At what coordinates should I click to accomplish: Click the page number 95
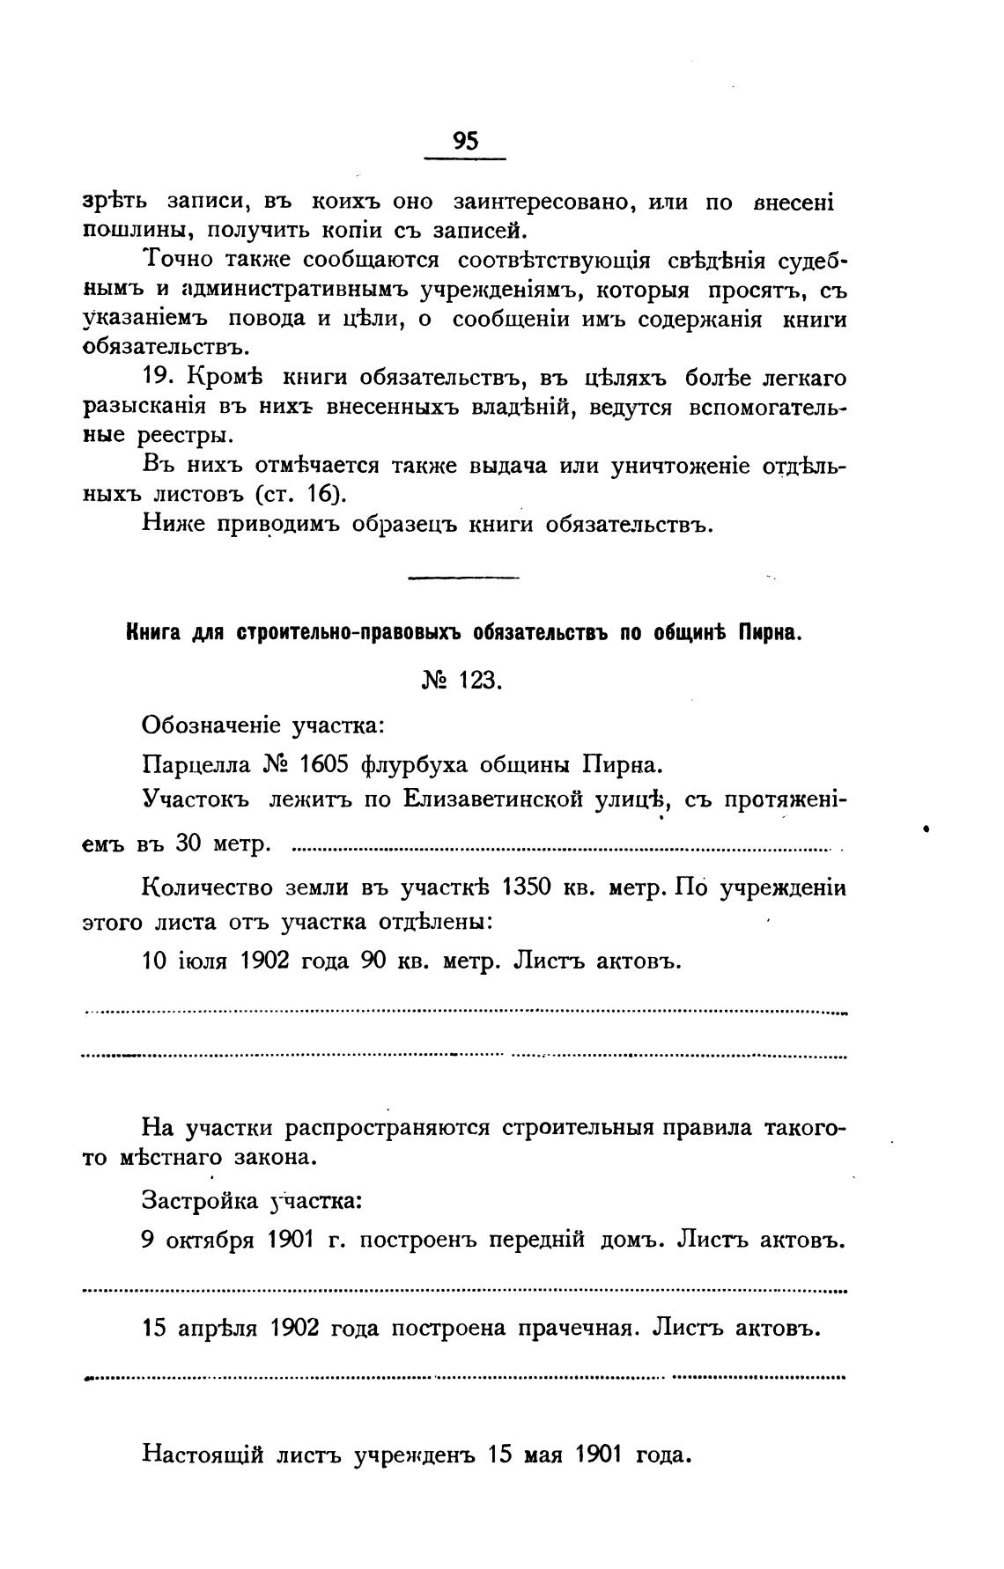click(x=464, y=141)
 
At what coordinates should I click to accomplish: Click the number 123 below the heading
click(x=481, y=681)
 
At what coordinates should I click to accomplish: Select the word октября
click(x=209, y=1240)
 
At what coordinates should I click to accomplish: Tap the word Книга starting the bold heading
click(x=151, y=633)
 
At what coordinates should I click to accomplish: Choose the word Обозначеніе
click(x=210, y=726)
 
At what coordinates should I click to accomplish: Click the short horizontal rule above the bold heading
click(x=464, y=578)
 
